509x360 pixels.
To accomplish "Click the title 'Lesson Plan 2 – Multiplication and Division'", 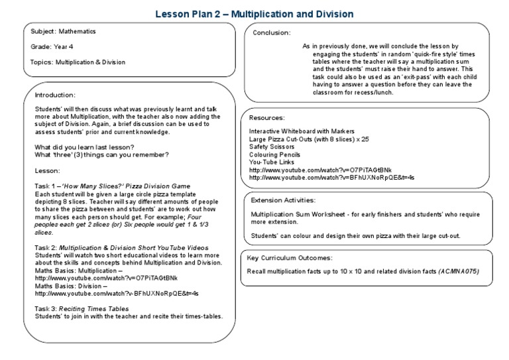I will click(x=254, y=13).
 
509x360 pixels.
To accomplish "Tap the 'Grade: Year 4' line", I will click(x=52, y=46).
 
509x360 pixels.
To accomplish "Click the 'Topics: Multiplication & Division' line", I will click(x=78, y=62).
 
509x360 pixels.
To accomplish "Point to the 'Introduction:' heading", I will click(x=55, y=95).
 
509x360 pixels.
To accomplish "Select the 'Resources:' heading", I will click(x=268, y=118).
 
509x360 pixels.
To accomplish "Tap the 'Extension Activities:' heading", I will click(x=284, y=200).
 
